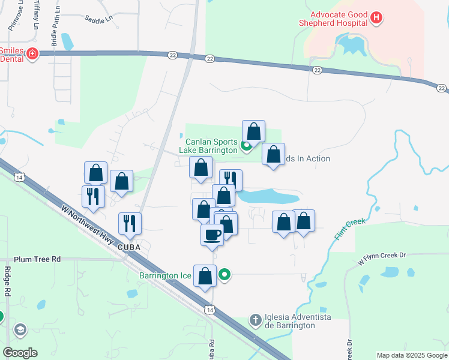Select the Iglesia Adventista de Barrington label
click(x=291, y=321)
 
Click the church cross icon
click(x=255, y=320)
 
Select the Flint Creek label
click(x=347, y=230)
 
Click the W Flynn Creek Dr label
click(x=382, y=259)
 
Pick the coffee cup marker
click(x=211, y=234)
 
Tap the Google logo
click(x=20, y=353)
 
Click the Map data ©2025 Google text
click(x=411, y=355)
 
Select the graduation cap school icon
click(x=20, y=330)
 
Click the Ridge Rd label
click(x=8, y=281)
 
